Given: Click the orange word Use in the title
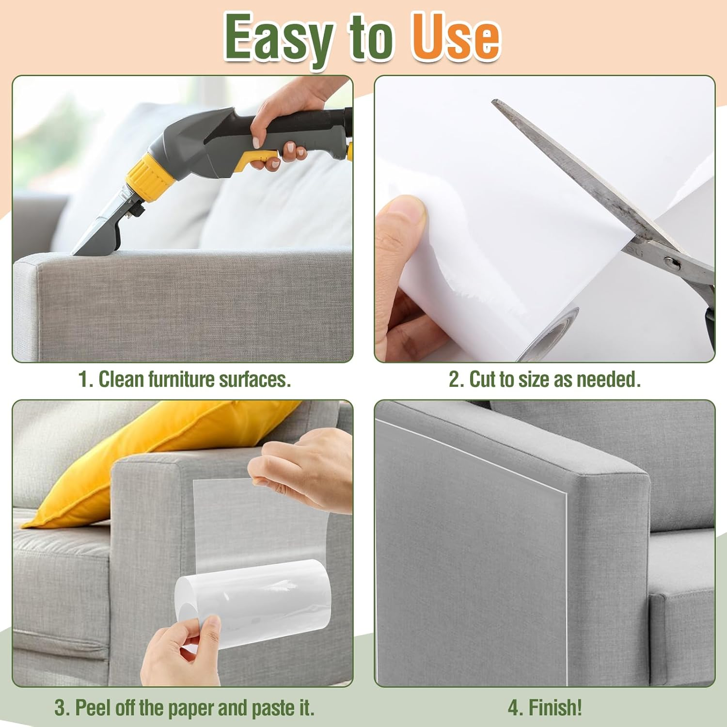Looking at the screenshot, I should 456,38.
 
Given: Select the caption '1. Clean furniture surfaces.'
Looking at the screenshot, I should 185,379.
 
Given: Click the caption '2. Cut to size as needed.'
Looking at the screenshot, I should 544,379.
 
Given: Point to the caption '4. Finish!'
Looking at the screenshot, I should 545,707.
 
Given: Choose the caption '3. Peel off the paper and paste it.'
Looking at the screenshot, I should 185,708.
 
